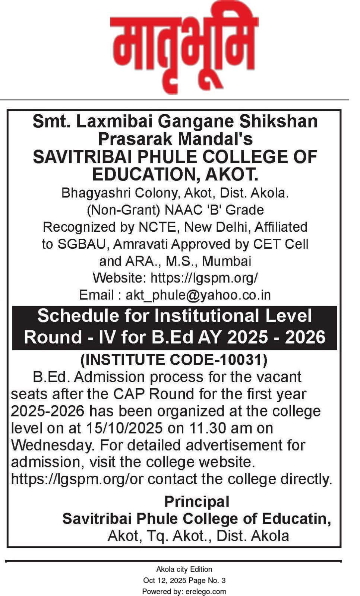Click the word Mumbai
click(x=227, y=261)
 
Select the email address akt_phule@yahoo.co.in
click(x=198, y=295)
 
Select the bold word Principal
click(x=196, y=501)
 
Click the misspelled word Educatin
click(x=296, y=519)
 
